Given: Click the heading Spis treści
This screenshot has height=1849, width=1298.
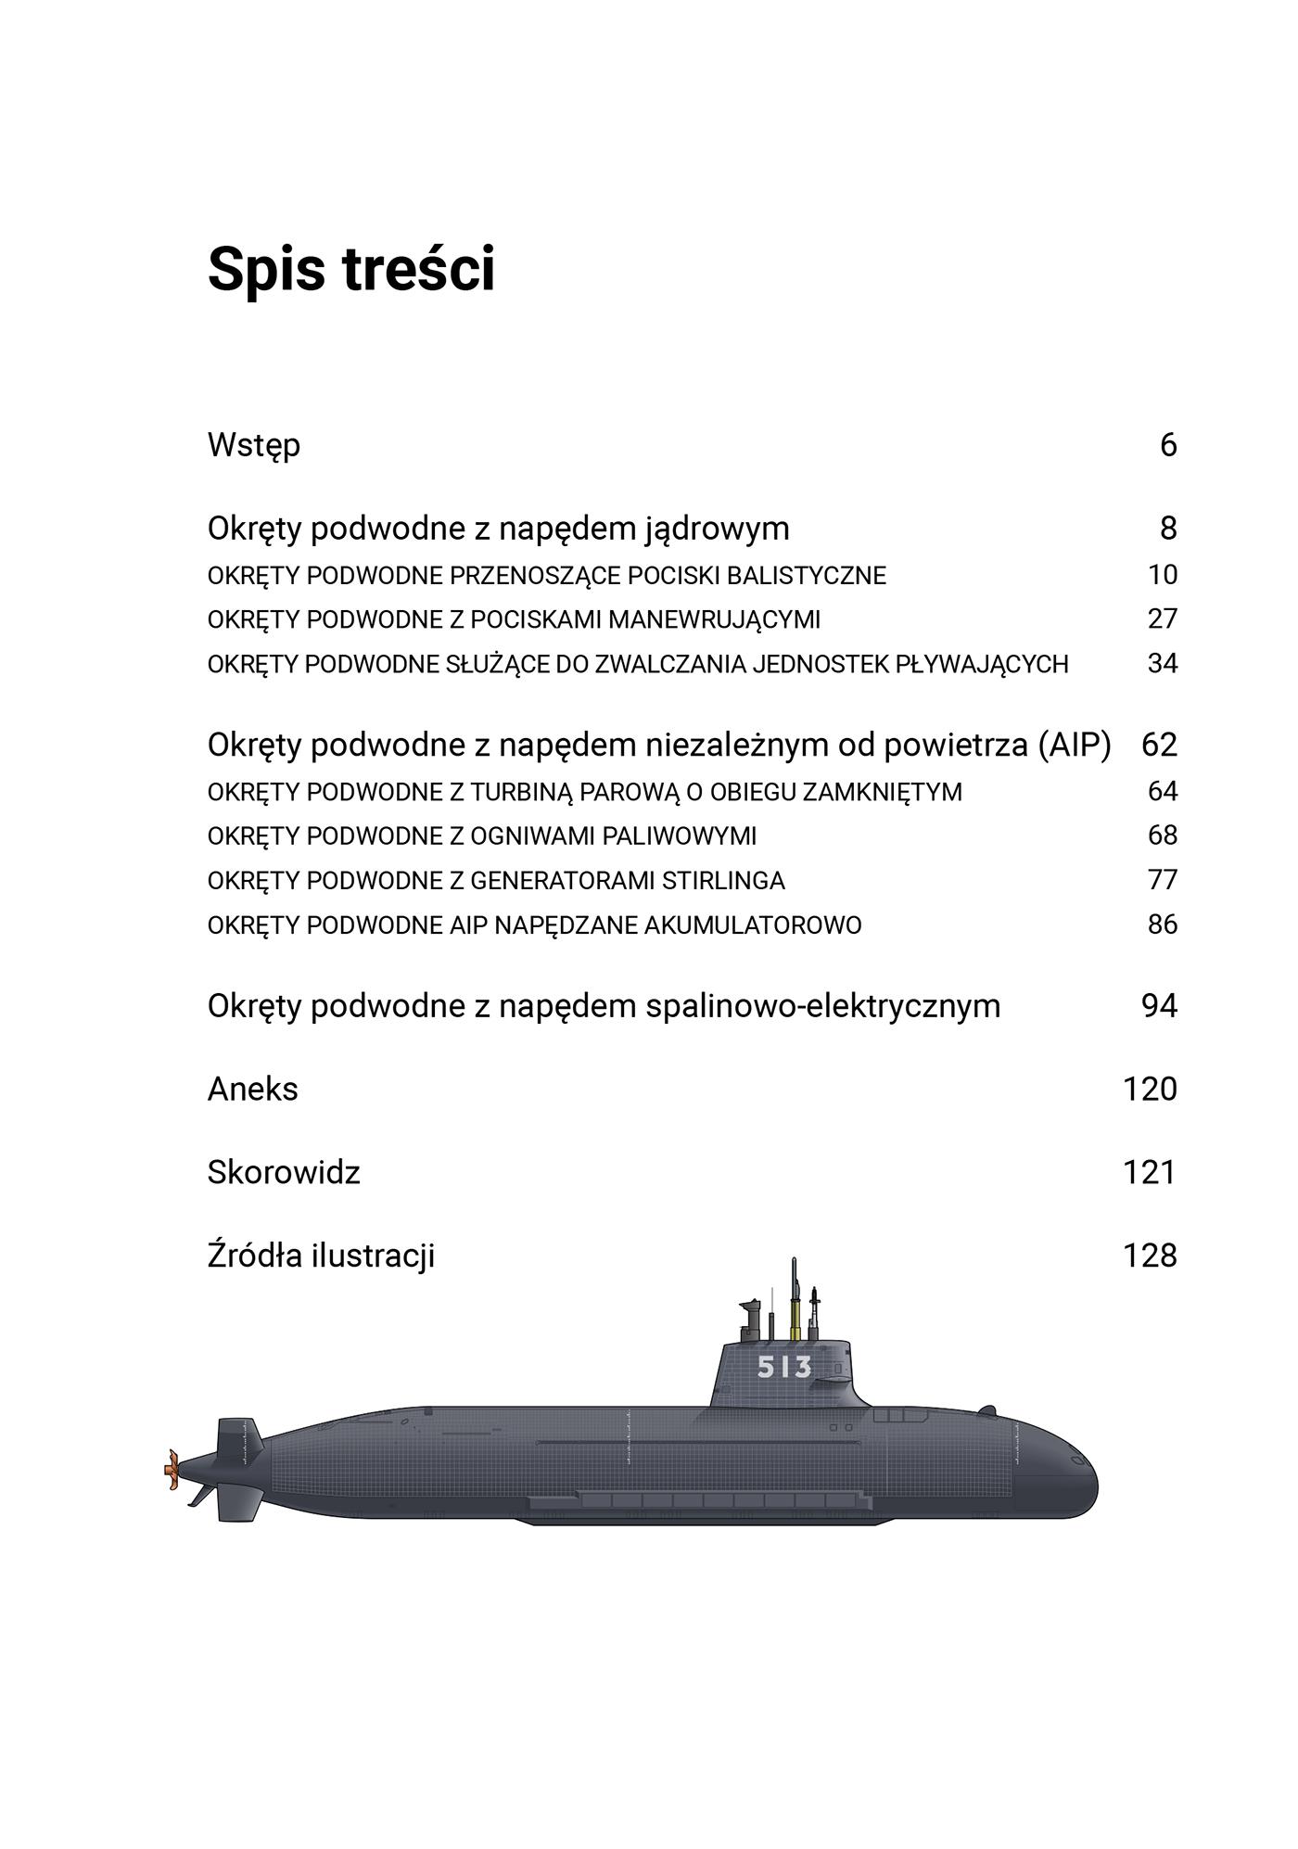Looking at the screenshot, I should [351, 270].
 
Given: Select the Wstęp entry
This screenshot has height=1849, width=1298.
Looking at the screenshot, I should [254, 446].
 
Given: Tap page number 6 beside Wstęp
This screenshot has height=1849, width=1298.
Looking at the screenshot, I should [1167, 445].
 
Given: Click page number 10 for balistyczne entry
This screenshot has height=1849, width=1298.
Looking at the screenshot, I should [1162, 575].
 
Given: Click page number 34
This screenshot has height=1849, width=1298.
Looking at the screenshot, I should [1162, 664].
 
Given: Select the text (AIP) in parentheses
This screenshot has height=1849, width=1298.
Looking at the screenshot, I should [1075, 745].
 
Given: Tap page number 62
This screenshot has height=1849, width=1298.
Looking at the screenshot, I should [1159, 745].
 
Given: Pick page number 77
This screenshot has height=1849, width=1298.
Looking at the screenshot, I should [1162, 880].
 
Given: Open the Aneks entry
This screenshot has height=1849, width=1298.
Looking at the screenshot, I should [253, 1090].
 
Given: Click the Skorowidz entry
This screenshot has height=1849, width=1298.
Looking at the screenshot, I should [284, 1173].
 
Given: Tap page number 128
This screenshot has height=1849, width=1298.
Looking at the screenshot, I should [1150, 1256].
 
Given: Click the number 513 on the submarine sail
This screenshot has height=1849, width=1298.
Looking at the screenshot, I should [784, 1367].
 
